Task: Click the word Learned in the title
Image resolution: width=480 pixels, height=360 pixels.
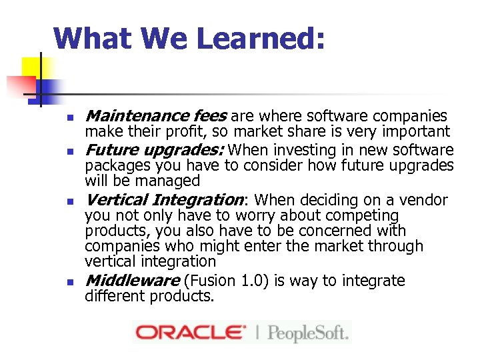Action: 260,39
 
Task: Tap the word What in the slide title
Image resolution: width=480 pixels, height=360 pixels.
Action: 93,39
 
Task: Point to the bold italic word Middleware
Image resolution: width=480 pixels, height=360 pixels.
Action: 132,281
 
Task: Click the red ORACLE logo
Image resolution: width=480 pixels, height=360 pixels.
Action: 189,331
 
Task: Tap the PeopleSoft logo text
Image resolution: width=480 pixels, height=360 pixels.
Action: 307,331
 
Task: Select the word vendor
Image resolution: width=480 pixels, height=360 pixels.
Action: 423,200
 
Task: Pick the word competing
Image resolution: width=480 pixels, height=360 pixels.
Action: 363,216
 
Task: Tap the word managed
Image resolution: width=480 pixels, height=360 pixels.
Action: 170,181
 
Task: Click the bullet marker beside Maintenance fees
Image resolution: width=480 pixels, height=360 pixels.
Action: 69,118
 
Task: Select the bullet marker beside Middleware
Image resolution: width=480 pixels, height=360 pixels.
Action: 69,282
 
